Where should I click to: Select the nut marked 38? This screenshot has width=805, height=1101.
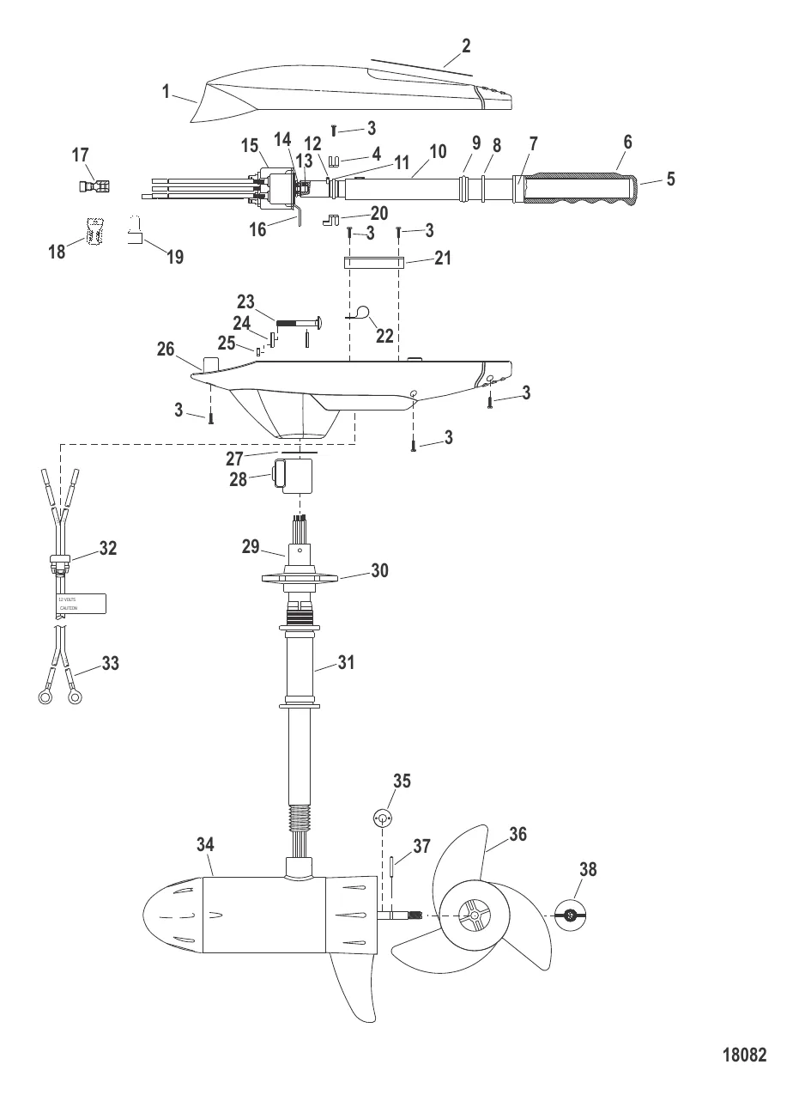[569, 916]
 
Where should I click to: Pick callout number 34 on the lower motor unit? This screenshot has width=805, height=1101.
[204, 845]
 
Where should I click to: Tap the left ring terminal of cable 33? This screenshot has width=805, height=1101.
[45, 697]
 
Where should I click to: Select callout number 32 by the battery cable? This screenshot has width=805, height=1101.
[107, 548]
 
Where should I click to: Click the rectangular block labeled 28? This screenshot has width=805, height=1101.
[293, 475]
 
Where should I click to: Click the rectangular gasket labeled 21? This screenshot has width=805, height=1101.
[372, 262]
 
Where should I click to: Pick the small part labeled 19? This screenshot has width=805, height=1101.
[136, 232]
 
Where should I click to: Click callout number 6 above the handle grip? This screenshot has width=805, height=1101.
[627, 143]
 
